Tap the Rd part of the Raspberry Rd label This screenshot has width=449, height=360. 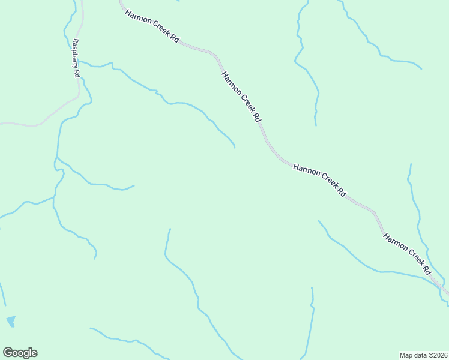point(77,73)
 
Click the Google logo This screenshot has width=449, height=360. point(20,353)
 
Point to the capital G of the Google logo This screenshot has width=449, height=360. point(8,353)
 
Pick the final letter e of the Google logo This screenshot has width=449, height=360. point(34,353)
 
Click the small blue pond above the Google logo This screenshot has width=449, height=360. point(11,321)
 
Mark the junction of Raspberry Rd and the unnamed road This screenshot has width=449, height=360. point(78,96)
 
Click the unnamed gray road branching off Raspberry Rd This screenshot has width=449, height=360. point(42,122)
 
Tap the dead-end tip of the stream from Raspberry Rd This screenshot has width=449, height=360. point(234,147)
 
